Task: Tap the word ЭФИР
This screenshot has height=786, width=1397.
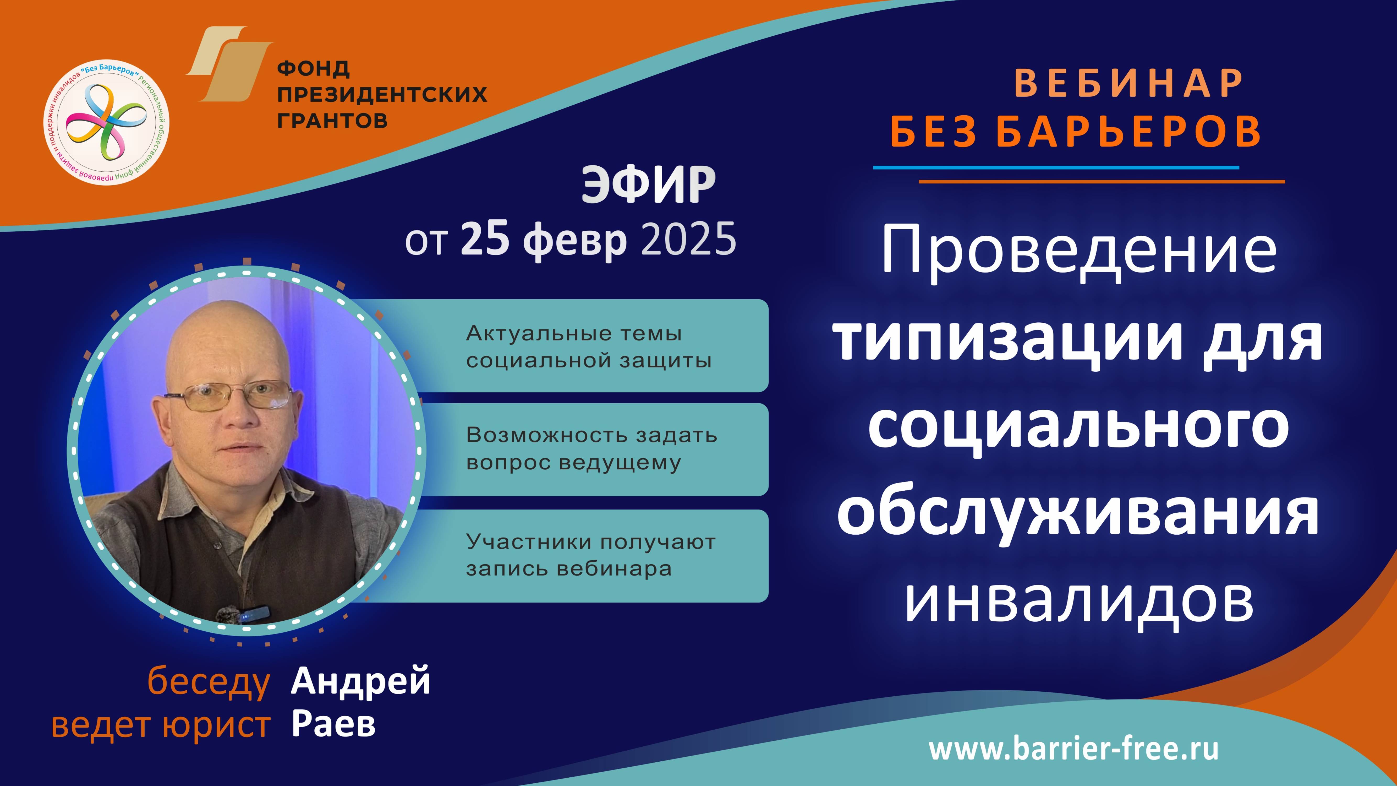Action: [649, 186]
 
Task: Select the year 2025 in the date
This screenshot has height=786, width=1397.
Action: [689, 239]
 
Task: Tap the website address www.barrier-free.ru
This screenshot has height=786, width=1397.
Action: [1074, 749]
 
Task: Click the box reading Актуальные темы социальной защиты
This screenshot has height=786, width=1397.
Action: [588, 346]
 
